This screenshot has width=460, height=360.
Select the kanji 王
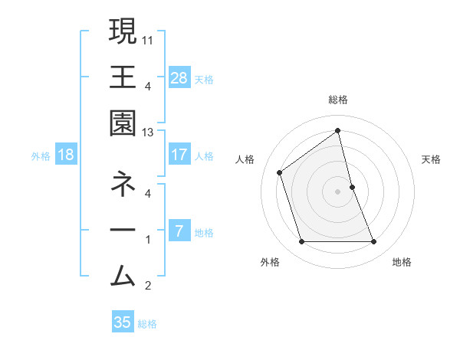pos(123,77)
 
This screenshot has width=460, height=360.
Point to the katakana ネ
pos(123,184)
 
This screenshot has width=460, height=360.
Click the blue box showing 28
pos(179,77)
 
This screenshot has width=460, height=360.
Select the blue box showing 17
pos(179,155)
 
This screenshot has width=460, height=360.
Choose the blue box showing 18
pos(66,155)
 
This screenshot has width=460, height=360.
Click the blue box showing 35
pos(123,322)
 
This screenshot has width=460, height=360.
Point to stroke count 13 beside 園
pos(148,133)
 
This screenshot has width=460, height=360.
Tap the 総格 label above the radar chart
pos(337,100)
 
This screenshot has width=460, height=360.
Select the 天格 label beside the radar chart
pos(432,159)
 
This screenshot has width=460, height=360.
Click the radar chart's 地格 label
pos(402,263)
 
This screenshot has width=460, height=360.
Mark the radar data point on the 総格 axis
pos(337,130)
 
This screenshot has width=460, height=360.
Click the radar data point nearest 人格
pos(280,172)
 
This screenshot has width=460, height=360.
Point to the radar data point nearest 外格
pos(301,242)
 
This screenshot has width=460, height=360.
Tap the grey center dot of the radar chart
pos(337,191)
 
